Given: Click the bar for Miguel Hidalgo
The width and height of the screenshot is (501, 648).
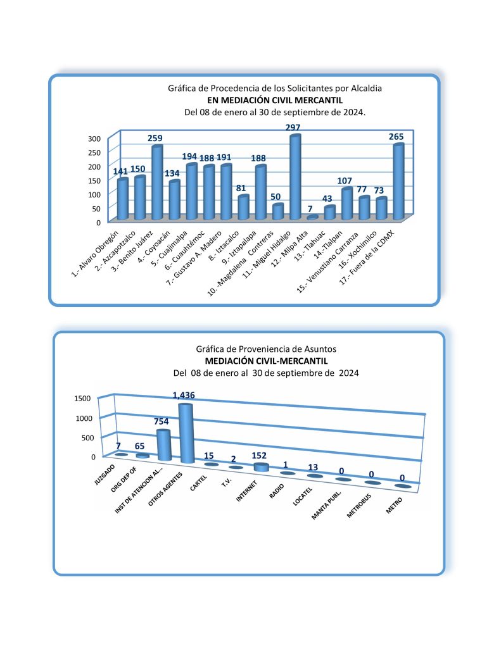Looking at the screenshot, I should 295,177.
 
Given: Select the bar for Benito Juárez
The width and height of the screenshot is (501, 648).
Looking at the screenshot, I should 157,183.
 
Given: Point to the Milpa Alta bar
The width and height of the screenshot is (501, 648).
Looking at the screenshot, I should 313,218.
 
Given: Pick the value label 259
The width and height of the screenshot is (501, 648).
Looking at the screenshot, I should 156,139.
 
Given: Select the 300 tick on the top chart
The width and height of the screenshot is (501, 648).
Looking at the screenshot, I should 94,139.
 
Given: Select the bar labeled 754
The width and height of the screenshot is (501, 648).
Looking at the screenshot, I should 164,445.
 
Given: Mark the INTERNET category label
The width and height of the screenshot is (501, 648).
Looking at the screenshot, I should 248,492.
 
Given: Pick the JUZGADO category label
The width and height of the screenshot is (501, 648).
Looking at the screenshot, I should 104,474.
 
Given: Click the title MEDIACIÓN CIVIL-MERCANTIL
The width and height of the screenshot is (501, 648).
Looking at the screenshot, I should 266,361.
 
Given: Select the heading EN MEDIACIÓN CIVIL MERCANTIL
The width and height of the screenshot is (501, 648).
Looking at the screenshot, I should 276,100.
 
